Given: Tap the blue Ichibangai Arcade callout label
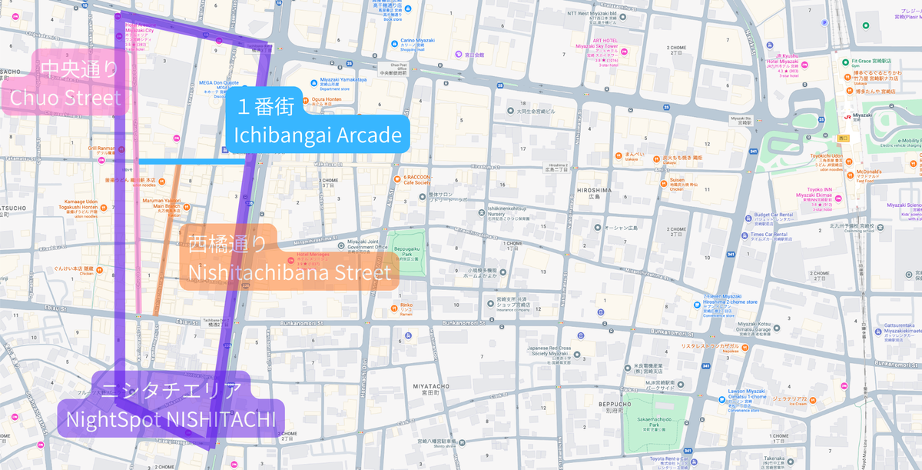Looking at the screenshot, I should [x=318, y=121].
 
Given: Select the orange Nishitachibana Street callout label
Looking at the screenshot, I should [x=288, y=258].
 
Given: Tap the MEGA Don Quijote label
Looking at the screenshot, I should [x=220, y=83].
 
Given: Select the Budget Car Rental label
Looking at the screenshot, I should [x=772, y=215].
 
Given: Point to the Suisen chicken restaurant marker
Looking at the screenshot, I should [x=655, y=182].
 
